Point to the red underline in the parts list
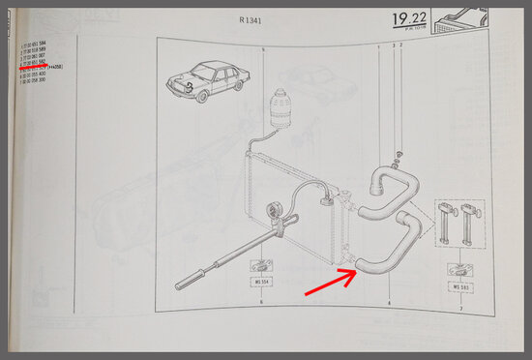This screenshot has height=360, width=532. (x=40, y=68)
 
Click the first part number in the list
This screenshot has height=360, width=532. (x=40, y=45)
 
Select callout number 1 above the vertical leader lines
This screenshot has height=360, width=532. (x=378, y=45)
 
